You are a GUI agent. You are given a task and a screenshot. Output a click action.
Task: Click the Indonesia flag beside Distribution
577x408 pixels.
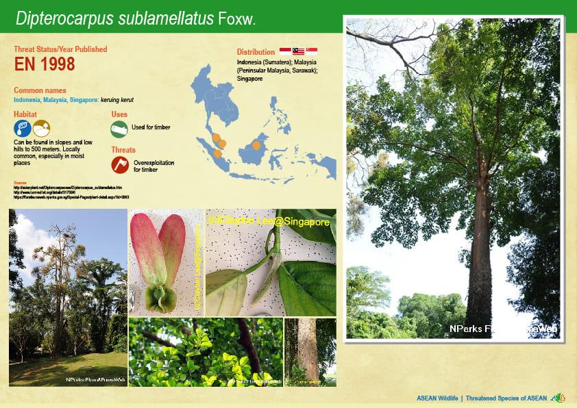pyautogui.click(x=286, y=51)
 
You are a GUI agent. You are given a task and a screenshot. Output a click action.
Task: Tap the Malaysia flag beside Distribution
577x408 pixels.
pyautogui.click(x=298, y=51)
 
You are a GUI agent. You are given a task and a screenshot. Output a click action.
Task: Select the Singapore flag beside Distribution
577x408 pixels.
pyautogui.click(x=311, y=51)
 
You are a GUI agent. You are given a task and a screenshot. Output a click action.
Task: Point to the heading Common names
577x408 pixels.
pyautogui.click(x=40, y=90)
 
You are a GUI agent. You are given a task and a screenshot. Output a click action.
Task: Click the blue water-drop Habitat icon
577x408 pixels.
pyautogui.click(x=22, y=128)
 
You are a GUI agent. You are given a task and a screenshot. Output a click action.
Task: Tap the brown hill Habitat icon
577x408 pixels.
pyautogui.click(x=41, y=128)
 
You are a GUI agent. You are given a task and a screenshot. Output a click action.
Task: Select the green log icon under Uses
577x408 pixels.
pyautogui.click(x=119, y=128)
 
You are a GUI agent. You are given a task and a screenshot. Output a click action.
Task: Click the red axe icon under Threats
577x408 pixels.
pyautogui.click(x=120, y=164)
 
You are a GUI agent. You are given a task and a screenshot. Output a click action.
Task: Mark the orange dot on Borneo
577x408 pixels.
pyautogui.click(x=256, y=145)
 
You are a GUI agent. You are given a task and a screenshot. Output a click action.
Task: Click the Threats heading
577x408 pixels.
pyautogui.click(x=123, y=149)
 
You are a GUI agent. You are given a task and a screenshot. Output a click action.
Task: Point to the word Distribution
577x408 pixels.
pyautogui.click(x=256, y=52)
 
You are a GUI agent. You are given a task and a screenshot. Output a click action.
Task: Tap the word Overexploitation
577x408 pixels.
pyautogui.click(x=154, y=162)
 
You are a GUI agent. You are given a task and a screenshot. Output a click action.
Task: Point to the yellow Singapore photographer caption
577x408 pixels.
pyautogui.click(x=269, y=222)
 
